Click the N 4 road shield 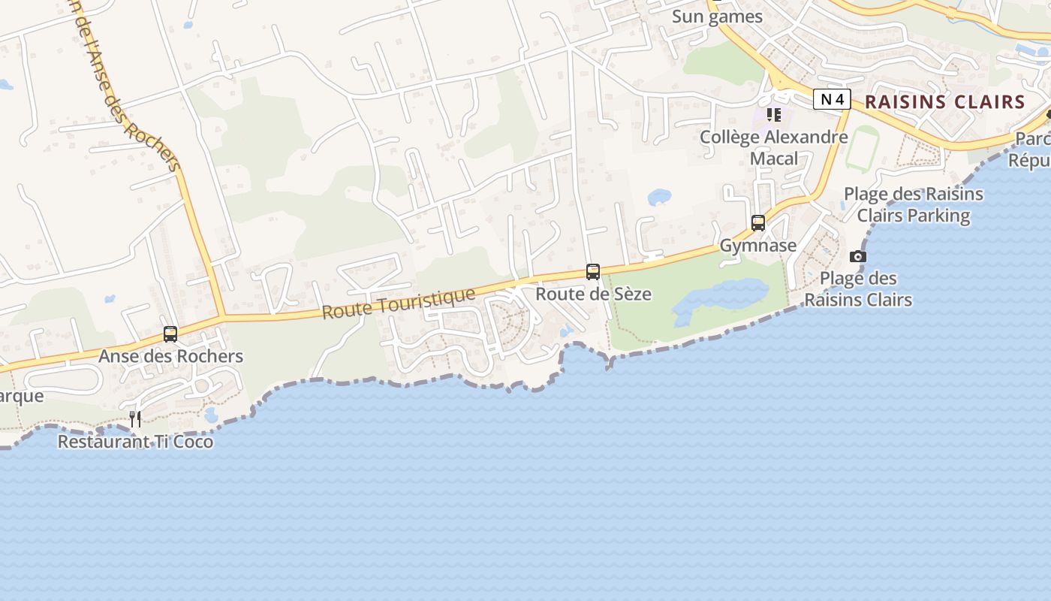(x=832, y=99)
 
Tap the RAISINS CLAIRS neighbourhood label (x=944, y=102)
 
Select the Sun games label (x=717, y=17)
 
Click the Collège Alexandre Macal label (x=774, y=147)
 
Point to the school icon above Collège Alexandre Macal (x=774, y=115)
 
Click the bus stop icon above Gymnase (x=758, y=223)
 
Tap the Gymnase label (x=758, y=246)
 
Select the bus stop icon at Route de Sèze (x=593, y=272)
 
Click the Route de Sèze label (x=593, y=294)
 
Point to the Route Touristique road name (x=399, y=303)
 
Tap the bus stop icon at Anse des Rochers (x=170, y=334)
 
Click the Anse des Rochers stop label (x=170, y=356)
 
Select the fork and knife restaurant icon (x=135, y=419)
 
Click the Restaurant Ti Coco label (x=135, y=442)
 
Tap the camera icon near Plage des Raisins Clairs (x=858, y=257)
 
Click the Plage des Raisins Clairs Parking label (x=914, y=204)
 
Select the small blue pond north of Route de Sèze (x=659, y=197)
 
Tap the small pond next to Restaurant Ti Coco (x=211, y=414)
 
